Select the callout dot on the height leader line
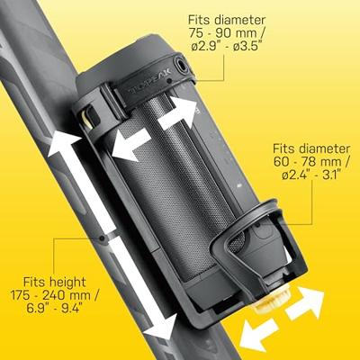pos(107,238)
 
